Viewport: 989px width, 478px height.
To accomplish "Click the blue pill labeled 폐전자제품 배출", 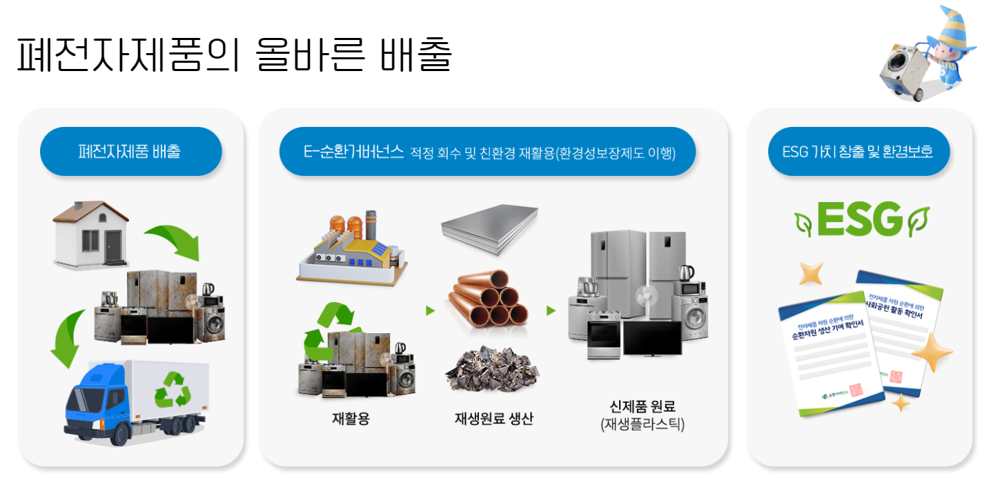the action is coord(130,151).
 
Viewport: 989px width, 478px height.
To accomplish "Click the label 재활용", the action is coord(351,418).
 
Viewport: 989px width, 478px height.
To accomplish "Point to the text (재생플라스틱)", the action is coord(643,424).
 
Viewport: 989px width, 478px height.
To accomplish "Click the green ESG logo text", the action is coord(859,219).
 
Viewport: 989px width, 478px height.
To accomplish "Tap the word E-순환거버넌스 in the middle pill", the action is coord(353,152).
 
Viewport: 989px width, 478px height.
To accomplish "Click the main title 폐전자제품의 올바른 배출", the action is coord(234,55).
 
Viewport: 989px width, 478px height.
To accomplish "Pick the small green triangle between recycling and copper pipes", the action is coord(431,311).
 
